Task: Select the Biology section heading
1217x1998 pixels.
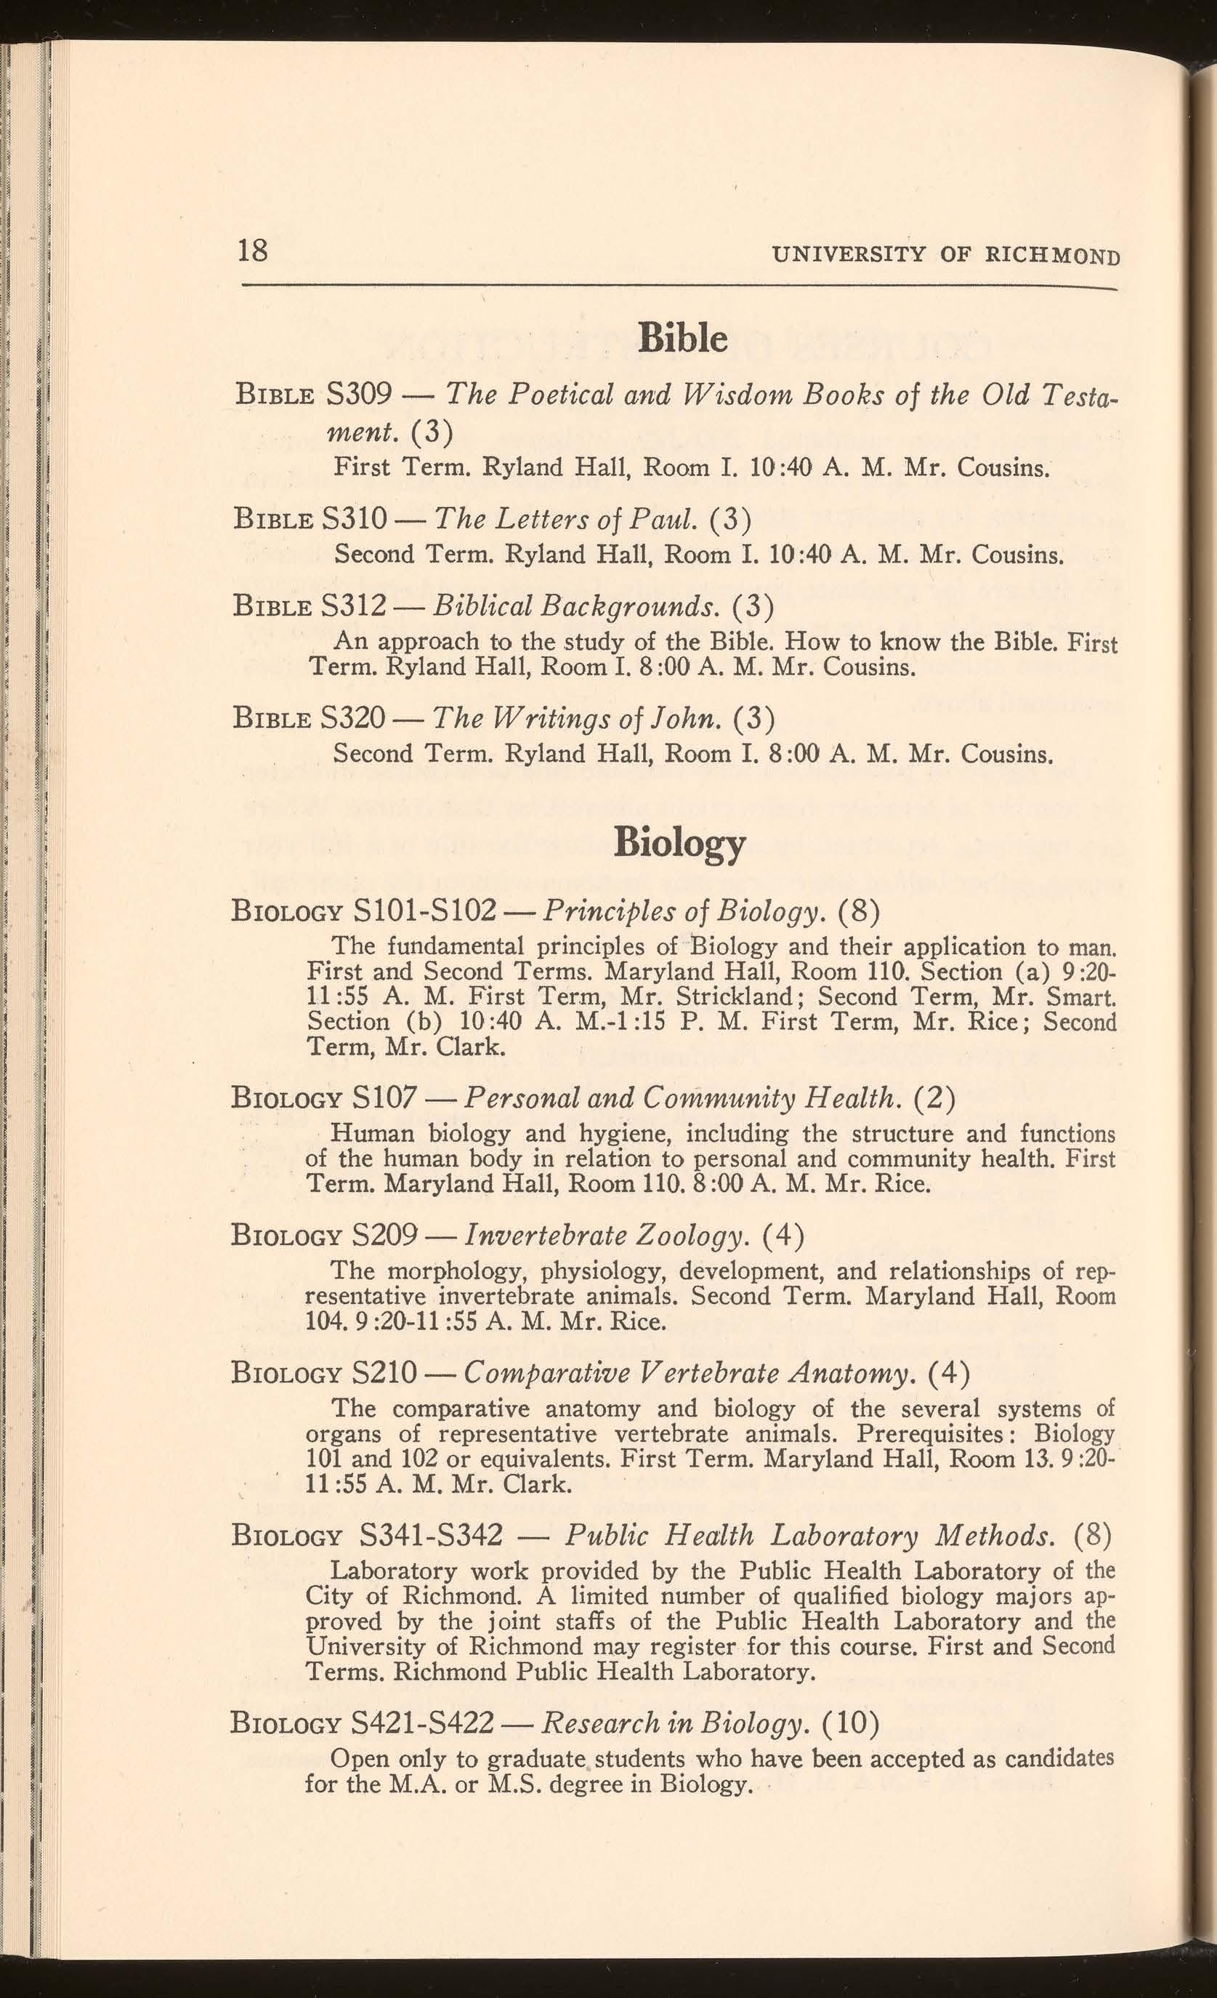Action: coord(679,843)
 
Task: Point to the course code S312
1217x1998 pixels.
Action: coord(359,604)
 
